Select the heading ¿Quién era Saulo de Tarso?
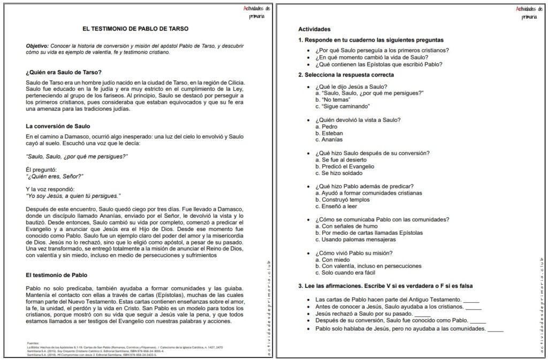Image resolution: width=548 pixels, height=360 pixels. click(x=64, y=72)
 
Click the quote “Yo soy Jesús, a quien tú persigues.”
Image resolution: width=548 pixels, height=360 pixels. click(x=73, y=196)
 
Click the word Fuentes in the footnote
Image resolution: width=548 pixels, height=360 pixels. click(x=33, y=342)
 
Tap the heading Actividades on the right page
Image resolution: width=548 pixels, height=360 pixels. click(x=314, y=29)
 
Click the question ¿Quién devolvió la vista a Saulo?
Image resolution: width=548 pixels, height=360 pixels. click(x=358, y=120)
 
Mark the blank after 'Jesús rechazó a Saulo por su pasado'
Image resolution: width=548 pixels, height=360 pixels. click(x=422, y=314)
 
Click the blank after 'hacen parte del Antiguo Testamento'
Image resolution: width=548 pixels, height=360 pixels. click(x=471, y=300)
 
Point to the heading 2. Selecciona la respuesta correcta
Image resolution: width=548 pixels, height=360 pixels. click(x=346, y=75)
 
